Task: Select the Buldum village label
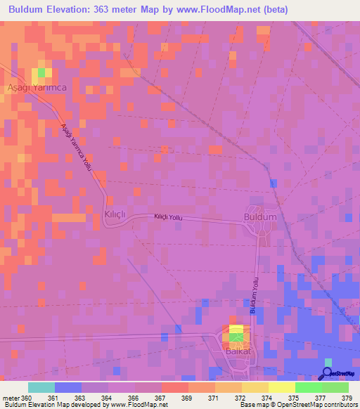[x=259, y=217]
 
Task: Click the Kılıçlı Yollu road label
[x=168, y=219]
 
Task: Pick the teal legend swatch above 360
[x=41, y=387]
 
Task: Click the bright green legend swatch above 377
[x=309, y=387]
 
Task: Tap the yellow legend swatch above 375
[x=282, y=387]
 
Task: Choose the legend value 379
[x=345, y=398]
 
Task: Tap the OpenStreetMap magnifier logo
[x=328, y=374]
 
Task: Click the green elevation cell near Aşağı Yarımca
[x=41, y=72]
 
